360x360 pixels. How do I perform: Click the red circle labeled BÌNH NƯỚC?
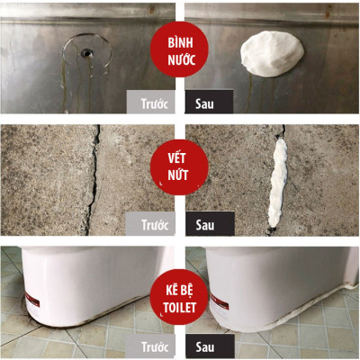coord(179,51)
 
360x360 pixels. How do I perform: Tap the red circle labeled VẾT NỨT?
coord(179,167)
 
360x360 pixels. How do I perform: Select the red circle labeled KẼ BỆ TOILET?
coord(179,299)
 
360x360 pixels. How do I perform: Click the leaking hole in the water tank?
coord(86,53)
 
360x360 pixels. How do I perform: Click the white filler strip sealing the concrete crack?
coord(277,183)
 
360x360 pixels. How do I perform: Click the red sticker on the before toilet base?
coord(32,299)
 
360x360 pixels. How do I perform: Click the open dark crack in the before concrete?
coord(94,180)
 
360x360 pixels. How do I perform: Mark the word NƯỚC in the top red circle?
coord(182,59)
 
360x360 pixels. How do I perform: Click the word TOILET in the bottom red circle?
coord(179,308)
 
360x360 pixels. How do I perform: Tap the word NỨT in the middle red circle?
coord(178,175)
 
